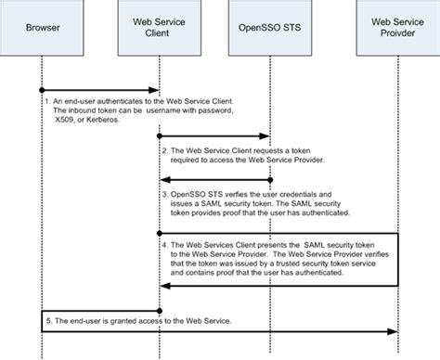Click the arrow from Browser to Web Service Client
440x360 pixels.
100,90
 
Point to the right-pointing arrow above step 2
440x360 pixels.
214,136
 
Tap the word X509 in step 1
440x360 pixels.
64,118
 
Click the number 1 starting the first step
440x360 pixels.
45,99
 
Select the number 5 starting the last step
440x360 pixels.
45,320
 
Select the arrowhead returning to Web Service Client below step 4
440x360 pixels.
165,286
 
